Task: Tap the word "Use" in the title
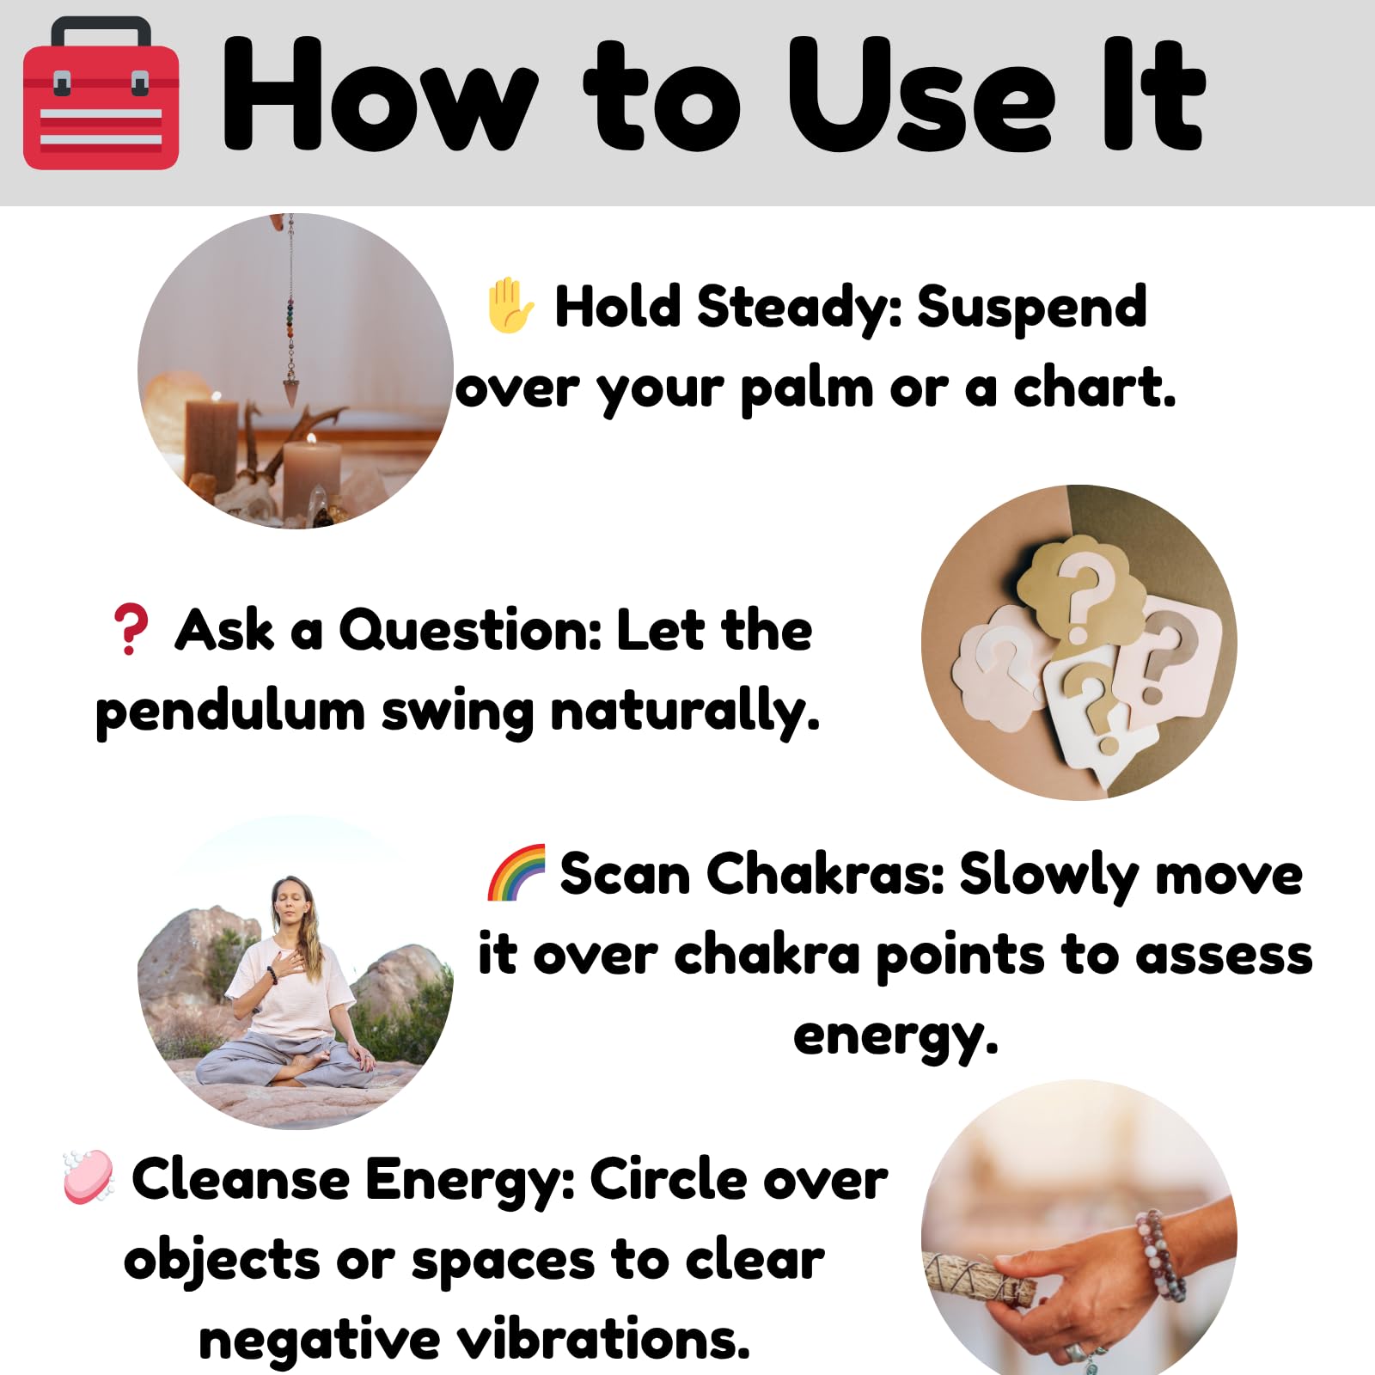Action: coord(921,95)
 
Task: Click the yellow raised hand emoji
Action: coord(510,305)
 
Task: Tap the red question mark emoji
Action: coord(131,629)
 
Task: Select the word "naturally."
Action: coord(685,713)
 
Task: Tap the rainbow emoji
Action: coord(516,873)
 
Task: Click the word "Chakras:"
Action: coord(825,875)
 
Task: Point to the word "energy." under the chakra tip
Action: coord(895,1037)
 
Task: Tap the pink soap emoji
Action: coord(89,1176)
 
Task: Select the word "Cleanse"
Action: coord(241,1179)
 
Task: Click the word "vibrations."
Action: coord(603,1340)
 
